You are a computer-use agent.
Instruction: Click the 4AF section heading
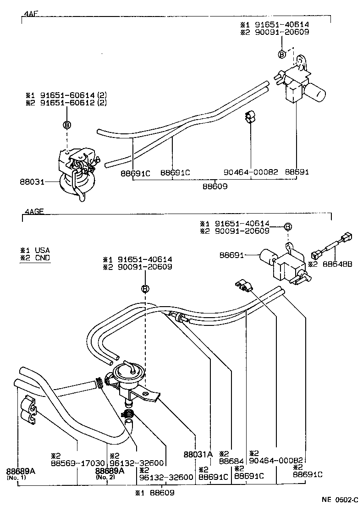coord(30,14)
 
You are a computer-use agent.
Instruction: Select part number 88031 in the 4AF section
coord(31,182)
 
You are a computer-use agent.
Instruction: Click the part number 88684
coord(231,461)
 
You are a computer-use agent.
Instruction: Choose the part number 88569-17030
coord(77,463)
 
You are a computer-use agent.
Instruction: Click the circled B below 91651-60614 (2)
coord(66,125)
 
